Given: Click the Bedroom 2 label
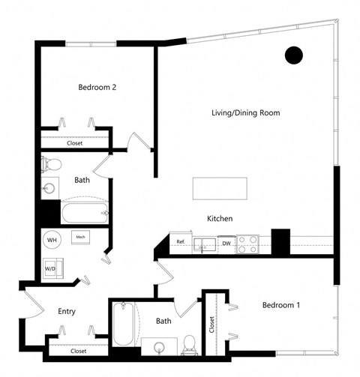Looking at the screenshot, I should click(97, 87).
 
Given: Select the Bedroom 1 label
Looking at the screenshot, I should click(281, 306).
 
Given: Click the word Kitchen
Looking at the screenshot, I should click(220, 219).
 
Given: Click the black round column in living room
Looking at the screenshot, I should click(293, 54).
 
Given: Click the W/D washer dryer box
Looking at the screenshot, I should click(52, 268).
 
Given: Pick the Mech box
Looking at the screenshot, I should click(79, 238).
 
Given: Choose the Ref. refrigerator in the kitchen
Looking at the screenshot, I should click(180, 242).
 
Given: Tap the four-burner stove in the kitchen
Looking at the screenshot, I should click(249, 244).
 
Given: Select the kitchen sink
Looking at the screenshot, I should click(203, 244).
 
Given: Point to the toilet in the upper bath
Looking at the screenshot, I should click(50, 164).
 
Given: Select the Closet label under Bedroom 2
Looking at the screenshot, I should click(75, 142).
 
